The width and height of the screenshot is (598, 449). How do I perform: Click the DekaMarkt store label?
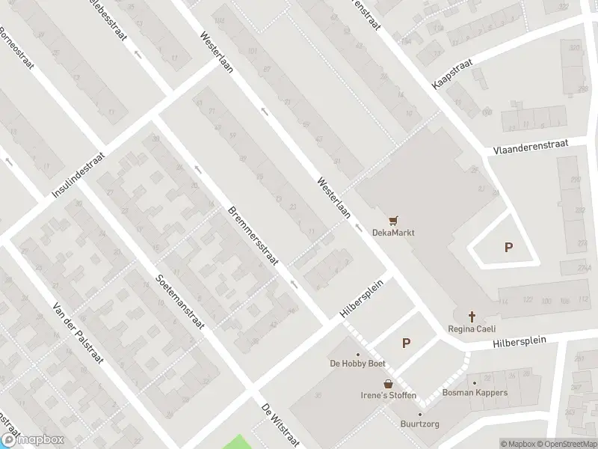[393, 232]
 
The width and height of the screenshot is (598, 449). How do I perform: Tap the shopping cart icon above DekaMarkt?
[393, 220]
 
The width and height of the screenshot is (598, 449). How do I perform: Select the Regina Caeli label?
[472, 329]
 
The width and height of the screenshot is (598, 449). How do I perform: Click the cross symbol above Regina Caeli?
[472, 316]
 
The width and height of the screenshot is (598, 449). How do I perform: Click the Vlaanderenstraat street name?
[531, 146]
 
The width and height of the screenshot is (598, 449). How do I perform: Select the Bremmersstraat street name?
[253, 235]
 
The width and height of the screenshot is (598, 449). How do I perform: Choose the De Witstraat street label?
[280, 425]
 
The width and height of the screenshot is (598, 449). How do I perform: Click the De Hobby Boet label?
[358, 364]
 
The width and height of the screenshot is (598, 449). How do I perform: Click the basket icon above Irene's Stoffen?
[388, 383]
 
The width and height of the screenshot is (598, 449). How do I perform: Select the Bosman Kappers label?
[475, 392]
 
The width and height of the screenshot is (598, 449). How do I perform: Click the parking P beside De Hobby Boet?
[407, 343]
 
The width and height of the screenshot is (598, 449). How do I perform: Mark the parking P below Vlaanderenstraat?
[509, 248]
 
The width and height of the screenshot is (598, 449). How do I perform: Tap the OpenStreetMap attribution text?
[566, 444]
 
